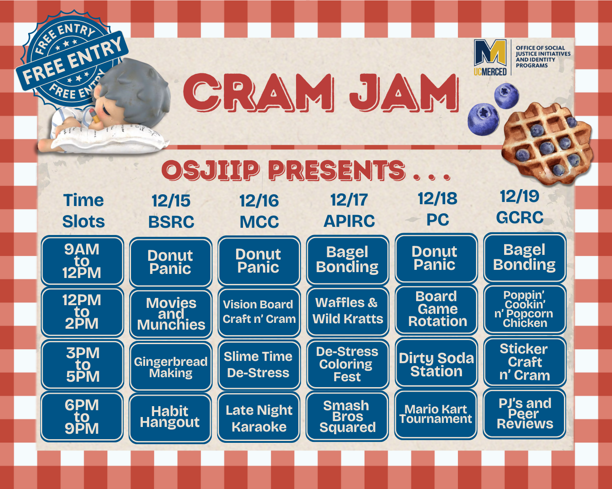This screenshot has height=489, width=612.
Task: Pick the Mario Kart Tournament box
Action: (436, 414)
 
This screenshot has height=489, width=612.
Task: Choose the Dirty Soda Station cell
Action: (436, 363)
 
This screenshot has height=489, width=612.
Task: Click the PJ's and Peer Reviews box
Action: (525, 413)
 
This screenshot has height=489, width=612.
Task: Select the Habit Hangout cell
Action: (170, 418)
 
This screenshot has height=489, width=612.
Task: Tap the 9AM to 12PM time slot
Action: (82, 261)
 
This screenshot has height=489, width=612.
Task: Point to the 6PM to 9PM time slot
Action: (82, 417)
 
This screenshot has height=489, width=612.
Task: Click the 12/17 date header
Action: (349, 200)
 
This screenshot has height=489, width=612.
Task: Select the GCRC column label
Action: (520, 218)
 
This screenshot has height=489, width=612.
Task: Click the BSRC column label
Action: (171, 221)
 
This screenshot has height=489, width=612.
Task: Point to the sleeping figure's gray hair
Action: (136, 88)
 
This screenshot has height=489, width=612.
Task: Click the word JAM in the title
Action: (404, 92)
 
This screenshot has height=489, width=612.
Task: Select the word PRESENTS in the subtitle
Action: (337, 170)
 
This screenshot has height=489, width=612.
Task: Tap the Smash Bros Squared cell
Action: (347, 416)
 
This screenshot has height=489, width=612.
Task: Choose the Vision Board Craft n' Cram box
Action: (259, 312)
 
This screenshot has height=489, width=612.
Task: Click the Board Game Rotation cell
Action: (436, 309)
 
